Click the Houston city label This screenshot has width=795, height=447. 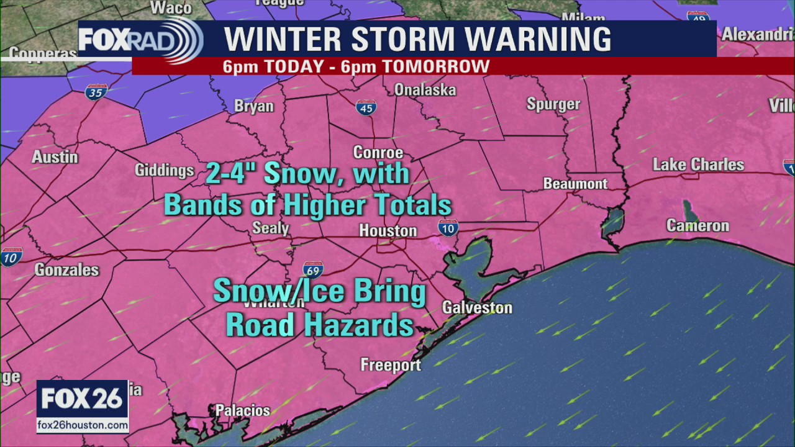388,231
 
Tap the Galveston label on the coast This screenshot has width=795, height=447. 477,307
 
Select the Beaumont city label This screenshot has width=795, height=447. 575,184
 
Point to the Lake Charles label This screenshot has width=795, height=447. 698,165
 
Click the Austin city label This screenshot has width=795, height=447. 55,157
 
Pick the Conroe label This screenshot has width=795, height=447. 378,153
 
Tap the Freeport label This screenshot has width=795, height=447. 390,365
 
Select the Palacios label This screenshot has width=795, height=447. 242,410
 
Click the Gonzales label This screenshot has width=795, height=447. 66,269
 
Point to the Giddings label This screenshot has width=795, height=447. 165,170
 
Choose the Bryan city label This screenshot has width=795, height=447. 253,106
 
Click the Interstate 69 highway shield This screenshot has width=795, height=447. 313,269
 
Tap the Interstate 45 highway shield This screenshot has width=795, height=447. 366,107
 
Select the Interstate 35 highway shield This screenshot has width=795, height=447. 96,91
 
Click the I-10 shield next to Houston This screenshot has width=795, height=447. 448,227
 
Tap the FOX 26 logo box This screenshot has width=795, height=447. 83,399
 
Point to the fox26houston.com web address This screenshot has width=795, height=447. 83,425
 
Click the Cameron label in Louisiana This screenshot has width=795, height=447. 697,225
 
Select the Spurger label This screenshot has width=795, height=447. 553,104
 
